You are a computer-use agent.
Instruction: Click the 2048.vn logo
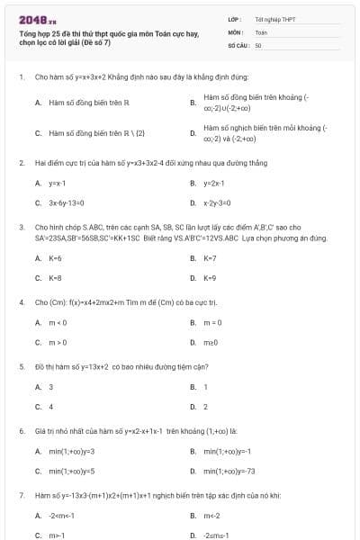[x=31, y=19]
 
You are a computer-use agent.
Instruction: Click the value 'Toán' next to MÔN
[x=261, y=31]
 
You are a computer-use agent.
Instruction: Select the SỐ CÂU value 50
[x=258, y=44]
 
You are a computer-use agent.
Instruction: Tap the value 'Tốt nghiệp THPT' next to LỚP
[x=274, y=19]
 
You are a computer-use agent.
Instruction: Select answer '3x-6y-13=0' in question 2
[x=68, y=203]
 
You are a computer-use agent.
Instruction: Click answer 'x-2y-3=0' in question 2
[x=218, y=203]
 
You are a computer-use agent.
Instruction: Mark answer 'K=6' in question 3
[x=55, y=257]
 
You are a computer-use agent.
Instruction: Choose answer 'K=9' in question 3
[x=210, y=278]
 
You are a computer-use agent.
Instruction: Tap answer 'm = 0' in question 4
[x=212, y=322]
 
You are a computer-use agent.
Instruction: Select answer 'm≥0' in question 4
[x=211, y=343]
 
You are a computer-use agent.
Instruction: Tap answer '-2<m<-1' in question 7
[x=63, y=516]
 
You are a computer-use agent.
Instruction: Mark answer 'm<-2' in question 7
[x=212, y=516]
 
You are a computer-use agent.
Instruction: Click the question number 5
[x=21, y=366]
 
